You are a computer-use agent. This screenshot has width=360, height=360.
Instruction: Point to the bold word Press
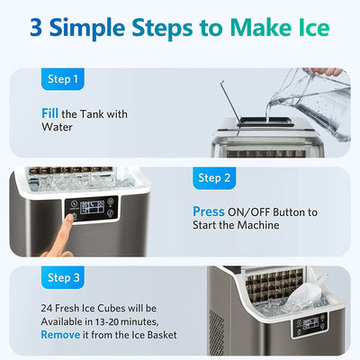click(x=209, y=212)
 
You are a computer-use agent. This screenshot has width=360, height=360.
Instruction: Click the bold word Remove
click(x=61, y=335)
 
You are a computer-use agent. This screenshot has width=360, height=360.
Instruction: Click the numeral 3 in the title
click(x=40, y=27)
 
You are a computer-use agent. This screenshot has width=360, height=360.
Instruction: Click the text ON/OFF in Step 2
click(x=253, y=212)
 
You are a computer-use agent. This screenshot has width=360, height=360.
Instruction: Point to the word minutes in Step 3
click(x=142, y=321)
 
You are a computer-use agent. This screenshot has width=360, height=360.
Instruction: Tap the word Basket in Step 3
click(x=158, y=335)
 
